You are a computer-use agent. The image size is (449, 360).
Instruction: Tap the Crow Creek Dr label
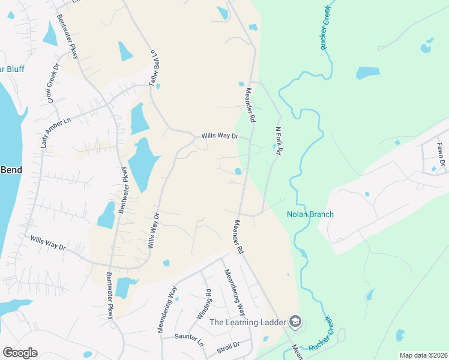[x=51, y=87]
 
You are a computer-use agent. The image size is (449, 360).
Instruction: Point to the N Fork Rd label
[x=278, y=141]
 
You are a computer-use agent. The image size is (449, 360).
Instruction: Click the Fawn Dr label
[x=441, y=155]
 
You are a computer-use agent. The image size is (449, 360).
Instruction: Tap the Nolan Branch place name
[x=310, y=214]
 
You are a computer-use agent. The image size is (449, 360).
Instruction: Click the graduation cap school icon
[x=295, y=322]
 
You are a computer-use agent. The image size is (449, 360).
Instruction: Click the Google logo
[x=20, y=352]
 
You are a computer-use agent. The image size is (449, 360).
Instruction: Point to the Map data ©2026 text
[x=423, y=355]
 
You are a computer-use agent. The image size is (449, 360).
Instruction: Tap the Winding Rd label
[x=204, y=305]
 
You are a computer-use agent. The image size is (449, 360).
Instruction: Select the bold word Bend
[x=11, y=170]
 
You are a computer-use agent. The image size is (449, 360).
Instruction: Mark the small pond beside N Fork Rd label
[x=274, y=146]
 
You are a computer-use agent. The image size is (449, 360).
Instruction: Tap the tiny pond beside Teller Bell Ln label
[x=157, y=86]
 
